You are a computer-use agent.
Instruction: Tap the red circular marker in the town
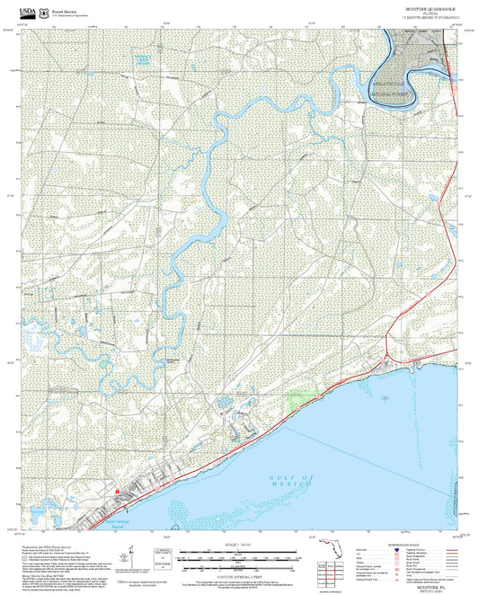click(x=118, y=490)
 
